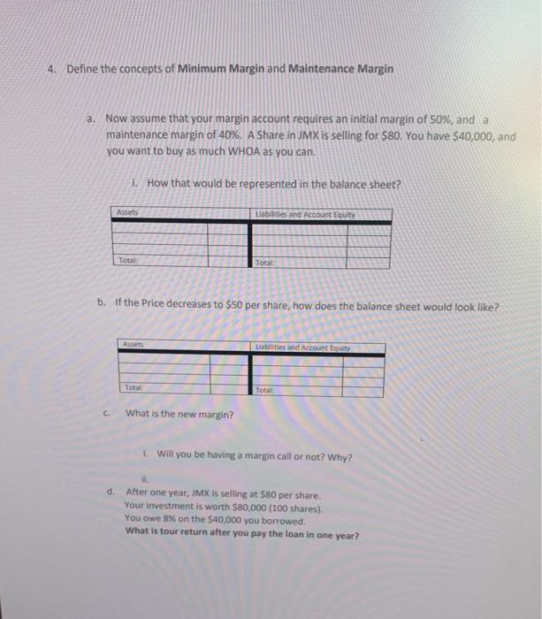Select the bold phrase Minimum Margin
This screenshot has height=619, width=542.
(x=218, y=69)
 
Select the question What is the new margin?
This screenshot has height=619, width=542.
(x=179, y=413)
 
